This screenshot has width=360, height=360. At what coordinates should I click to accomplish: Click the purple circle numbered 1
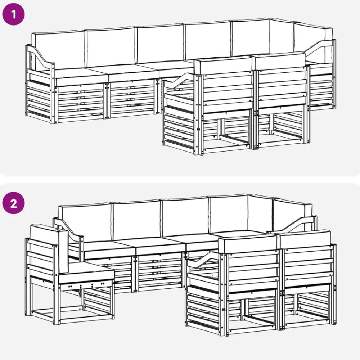pyautogui.click(x=13, y=14)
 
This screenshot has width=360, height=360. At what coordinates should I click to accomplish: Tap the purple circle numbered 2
pyautogui.click(x=13, y=203)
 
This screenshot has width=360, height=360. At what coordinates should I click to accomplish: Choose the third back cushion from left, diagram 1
pyautogui.click(x=160, y=44)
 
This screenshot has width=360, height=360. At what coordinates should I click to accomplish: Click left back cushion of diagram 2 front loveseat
pyautogui.click(x=248, y=245)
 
